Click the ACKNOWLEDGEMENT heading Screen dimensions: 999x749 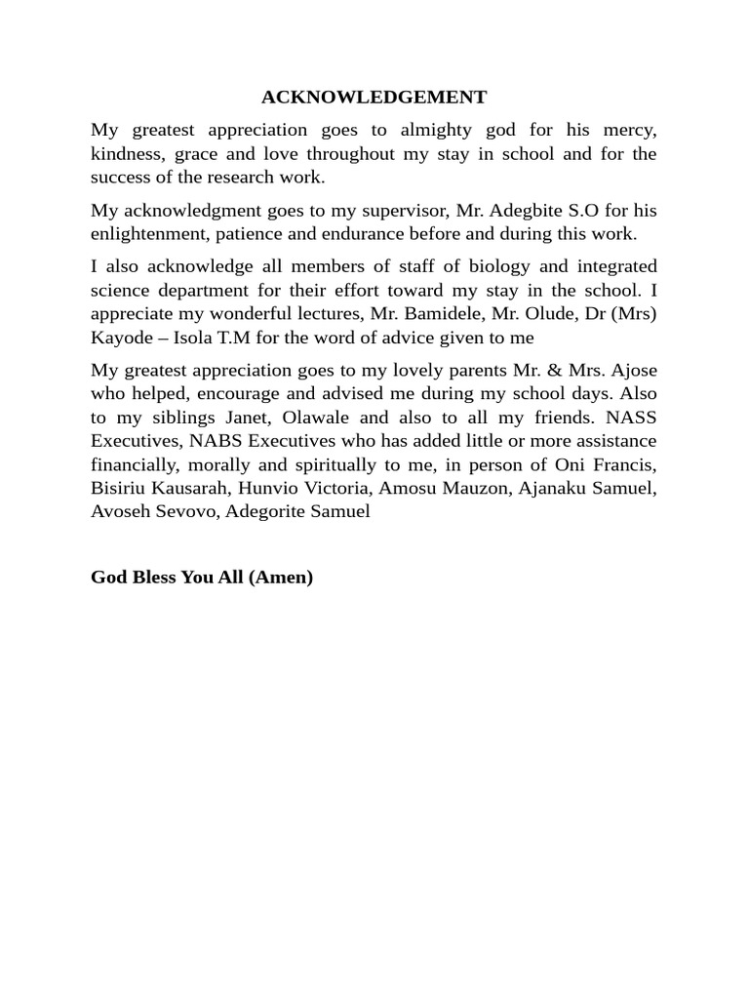pyautogui.click(x=374, y=98)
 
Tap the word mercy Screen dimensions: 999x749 pyautogui.click(x=626, y=130)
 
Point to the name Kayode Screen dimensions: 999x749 pyautogui.click(x=117, y=338)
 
